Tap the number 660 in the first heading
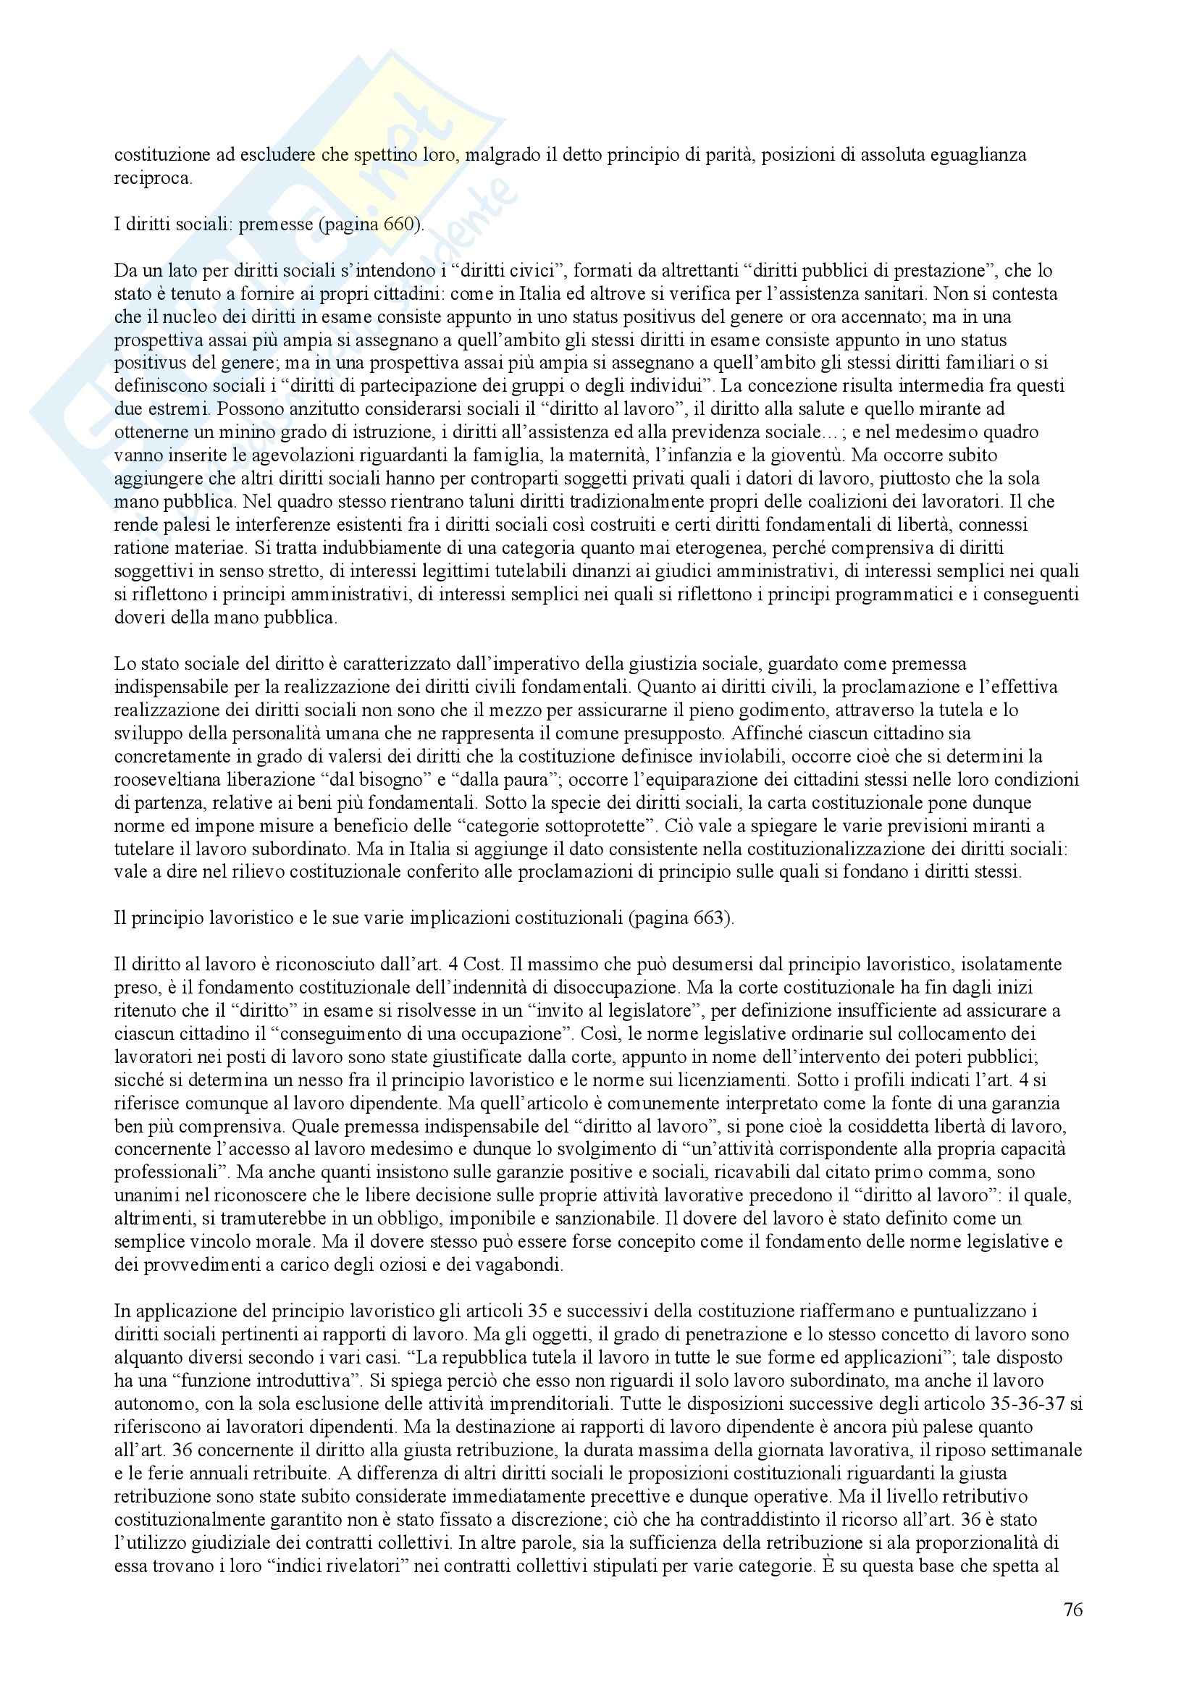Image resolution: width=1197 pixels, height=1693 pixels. coord(400,224)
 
